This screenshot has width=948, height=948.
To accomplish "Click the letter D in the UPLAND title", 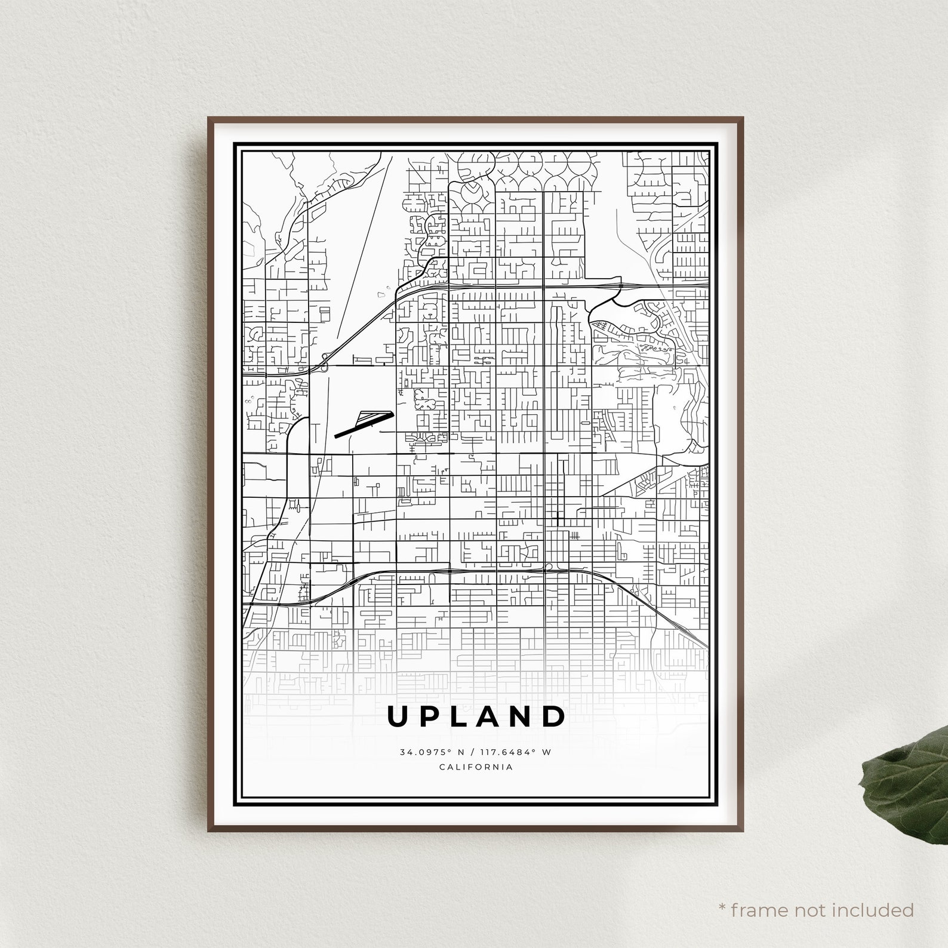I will (555, 717).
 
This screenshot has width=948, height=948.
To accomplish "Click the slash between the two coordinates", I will (473, 752).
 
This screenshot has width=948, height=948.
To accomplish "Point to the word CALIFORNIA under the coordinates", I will (476, 767).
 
